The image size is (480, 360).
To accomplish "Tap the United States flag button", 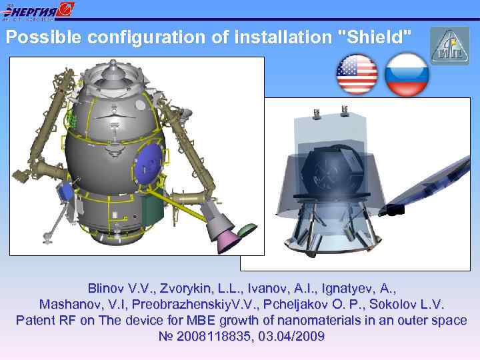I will click(357, 74).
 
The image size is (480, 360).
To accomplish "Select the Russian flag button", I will click(407, 74).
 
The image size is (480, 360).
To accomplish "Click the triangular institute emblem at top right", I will click(449, 45).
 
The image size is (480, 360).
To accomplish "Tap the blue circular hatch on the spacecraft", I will click(149, 165).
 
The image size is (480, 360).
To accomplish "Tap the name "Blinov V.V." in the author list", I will click(117, 289).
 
